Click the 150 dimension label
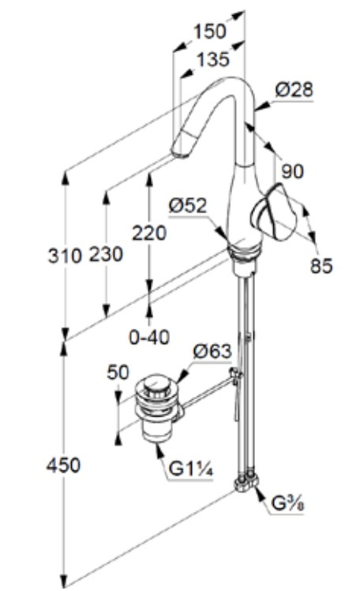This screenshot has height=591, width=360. pyautogui.click(x=209, y=32)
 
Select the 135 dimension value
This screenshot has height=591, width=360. pyautogui.click(x=213, y=59)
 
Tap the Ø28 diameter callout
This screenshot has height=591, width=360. pyautogui.click(x=294, y=90)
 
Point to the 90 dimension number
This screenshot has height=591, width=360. pyautogui.click(x=292, y=171)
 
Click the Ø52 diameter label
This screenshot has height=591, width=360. pyautogui.click(x=188, y=206)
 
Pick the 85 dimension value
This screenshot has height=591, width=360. pyautogui.click(x=321, y=265)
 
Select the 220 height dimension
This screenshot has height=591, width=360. pyautogui.click(x=149, y=233)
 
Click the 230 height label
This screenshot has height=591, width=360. pyautogui.click(x=106, y=254)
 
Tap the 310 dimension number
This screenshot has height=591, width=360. pyautogui.click(x=65, y=256)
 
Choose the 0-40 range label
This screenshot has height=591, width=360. pyautogui.click(x=149, y=337)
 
